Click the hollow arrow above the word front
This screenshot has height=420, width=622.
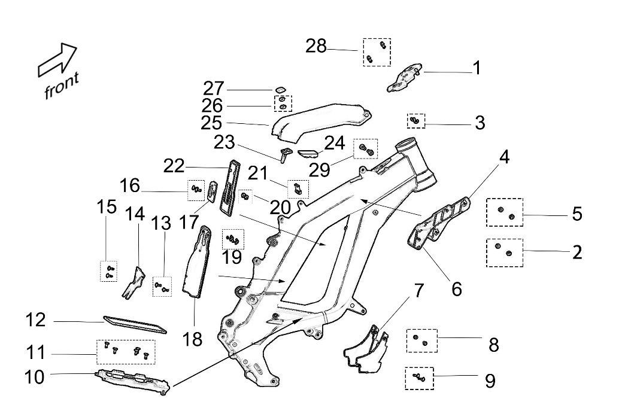coord(57,60)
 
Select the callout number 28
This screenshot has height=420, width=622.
coord(316,45)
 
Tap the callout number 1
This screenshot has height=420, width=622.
coord(477,68)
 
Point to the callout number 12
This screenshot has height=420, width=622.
coord(35,320)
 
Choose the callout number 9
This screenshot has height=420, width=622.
coord(490,381)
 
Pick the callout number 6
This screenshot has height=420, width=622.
coord(457,289)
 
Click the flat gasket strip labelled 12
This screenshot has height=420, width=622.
coord(135,323)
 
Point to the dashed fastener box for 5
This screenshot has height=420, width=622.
coord(504,212)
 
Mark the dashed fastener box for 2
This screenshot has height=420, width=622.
coord(504,252)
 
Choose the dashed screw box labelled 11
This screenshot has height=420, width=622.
coord(126,352)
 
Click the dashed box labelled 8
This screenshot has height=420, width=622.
coord(421,340)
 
